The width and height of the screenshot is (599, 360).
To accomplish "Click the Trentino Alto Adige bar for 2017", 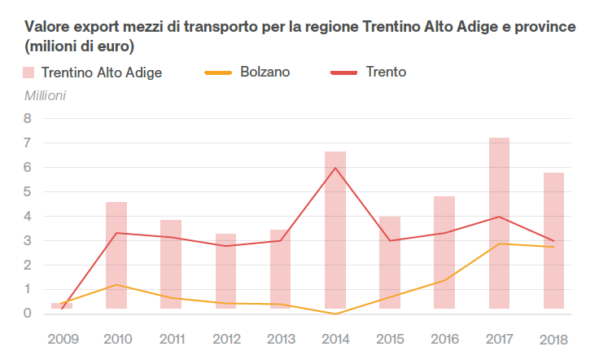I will point(499,223).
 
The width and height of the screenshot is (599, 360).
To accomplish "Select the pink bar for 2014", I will point(334,230).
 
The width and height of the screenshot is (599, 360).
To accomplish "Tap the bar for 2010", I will point(116,255).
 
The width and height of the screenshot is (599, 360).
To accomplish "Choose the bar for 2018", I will point(553,240).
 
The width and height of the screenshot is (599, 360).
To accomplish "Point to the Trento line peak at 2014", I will point(335,168).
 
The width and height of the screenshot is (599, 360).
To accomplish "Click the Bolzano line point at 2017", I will point(499,244).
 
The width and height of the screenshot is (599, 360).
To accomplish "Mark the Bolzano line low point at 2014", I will point(335,314).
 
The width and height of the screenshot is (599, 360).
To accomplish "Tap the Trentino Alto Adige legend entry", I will point(93,72).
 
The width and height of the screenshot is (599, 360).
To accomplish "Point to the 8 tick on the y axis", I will point(27,119).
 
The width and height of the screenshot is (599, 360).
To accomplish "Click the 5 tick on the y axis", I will point(27,192).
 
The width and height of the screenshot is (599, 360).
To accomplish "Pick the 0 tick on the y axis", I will point(27,314).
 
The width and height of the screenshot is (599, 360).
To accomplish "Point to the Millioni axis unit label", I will point(46,95).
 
